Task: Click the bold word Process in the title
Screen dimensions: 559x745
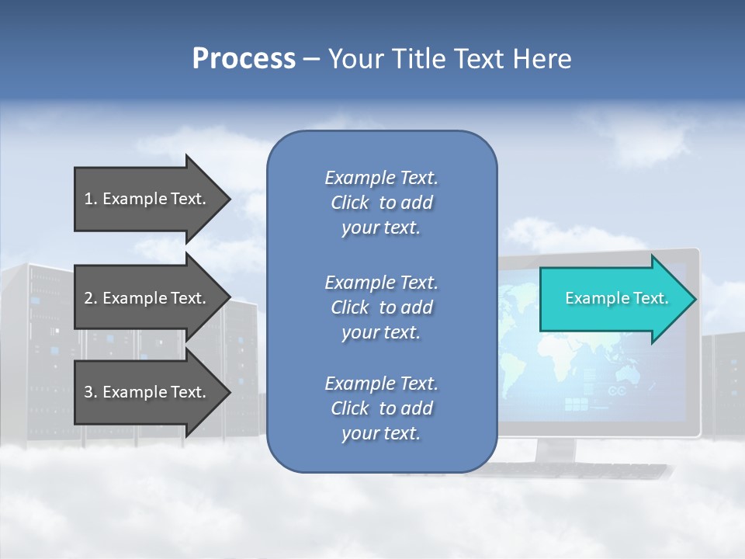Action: click(244, 59)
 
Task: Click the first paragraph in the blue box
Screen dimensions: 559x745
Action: click(381, 203)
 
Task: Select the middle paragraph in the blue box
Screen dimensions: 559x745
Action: click(381, 307)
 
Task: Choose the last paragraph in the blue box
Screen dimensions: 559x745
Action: click(381, 408)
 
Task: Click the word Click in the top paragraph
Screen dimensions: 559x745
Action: click(350, 203)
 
